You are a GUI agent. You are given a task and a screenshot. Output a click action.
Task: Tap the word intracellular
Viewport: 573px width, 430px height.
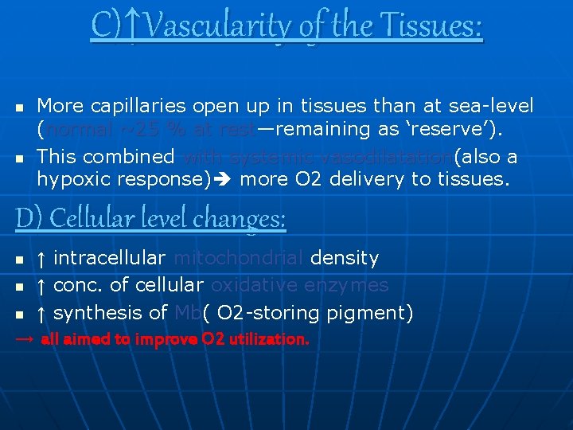pyautogui.click(x=109, y=258)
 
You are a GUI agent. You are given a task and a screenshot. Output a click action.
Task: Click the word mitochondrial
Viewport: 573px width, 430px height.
pyautogui.click(x=238, y=258)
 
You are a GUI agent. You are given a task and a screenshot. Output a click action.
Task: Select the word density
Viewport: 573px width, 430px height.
pyautogui.click(x=344, y=258)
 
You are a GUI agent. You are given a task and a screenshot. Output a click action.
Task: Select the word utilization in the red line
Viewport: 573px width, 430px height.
pyautogui.click(x=267, y=339)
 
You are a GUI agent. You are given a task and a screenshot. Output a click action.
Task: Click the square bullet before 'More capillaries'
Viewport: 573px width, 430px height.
pyautogui.click(x=20, y=107)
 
